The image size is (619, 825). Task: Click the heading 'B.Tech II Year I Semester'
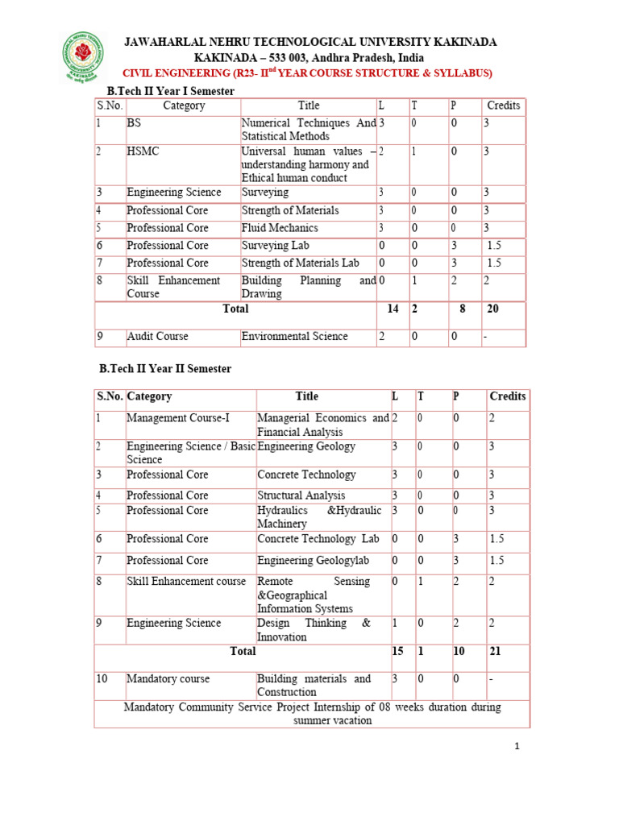click(166, 91)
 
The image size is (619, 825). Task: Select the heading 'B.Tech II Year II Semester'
click(164, 368)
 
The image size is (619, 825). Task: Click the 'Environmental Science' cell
click(294, 336)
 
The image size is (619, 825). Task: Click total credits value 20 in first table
click(492, 309)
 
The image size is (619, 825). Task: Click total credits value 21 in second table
click(494, 651)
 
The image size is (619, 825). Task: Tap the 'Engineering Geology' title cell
click(306, 446)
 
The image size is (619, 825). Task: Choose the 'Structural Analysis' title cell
click(301, 495)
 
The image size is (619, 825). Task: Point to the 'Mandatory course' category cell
click(168, 679)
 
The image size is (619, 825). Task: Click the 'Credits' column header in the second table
click(507, 396)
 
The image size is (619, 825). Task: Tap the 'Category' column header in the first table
click(184, 106)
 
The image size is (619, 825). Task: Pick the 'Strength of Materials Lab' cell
click(300, 263)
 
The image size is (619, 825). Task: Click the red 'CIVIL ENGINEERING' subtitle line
click(306, 73)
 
